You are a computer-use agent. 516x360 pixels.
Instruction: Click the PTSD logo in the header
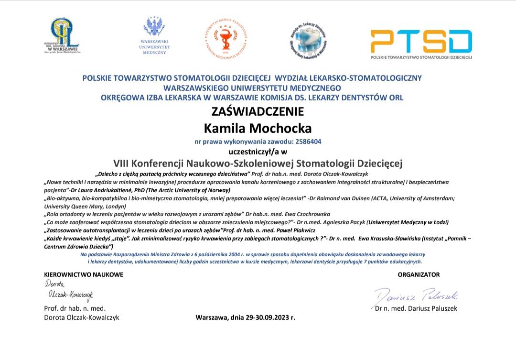pos(421,42)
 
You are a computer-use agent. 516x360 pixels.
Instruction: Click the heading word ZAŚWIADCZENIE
pos(258,112)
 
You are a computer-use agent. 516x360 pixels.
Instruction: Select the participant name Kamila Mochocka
pos(258,128)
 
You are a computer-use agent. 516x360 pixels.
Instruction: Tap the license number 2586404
pos(308,142)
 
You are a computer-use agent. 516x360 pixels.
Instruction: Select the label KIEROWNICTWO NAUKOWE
pos(84,274)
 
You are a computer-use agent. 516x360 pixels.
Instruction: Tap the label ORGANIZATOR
pos(419,274)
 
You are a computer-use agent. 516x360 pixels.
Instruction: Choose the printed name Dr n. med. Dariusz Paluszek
pos(416,308)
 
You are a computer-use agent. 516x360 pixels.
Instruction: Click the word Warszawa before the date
pos(212,317)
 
